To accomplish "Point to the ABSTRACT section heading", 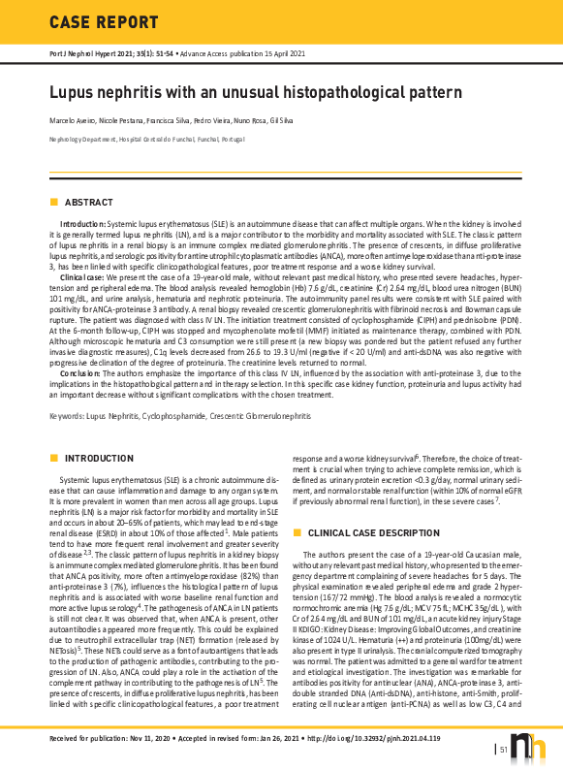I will click(x=88, y=202).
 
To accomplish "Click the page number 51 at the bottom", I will click(x=505, y=749).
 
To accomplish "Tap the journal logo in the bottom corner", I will click(x=533, y=747).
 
